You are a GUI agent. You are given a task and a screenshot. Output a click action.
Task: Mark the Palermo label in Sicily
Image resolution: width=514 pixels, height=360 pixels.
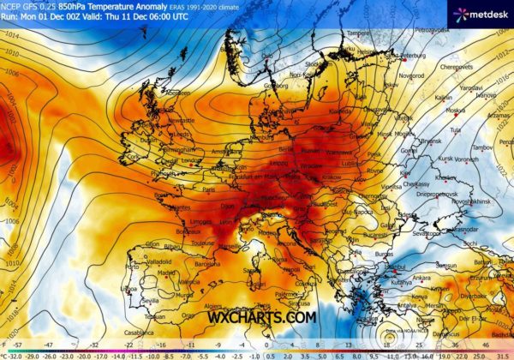tap(296, 302)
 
